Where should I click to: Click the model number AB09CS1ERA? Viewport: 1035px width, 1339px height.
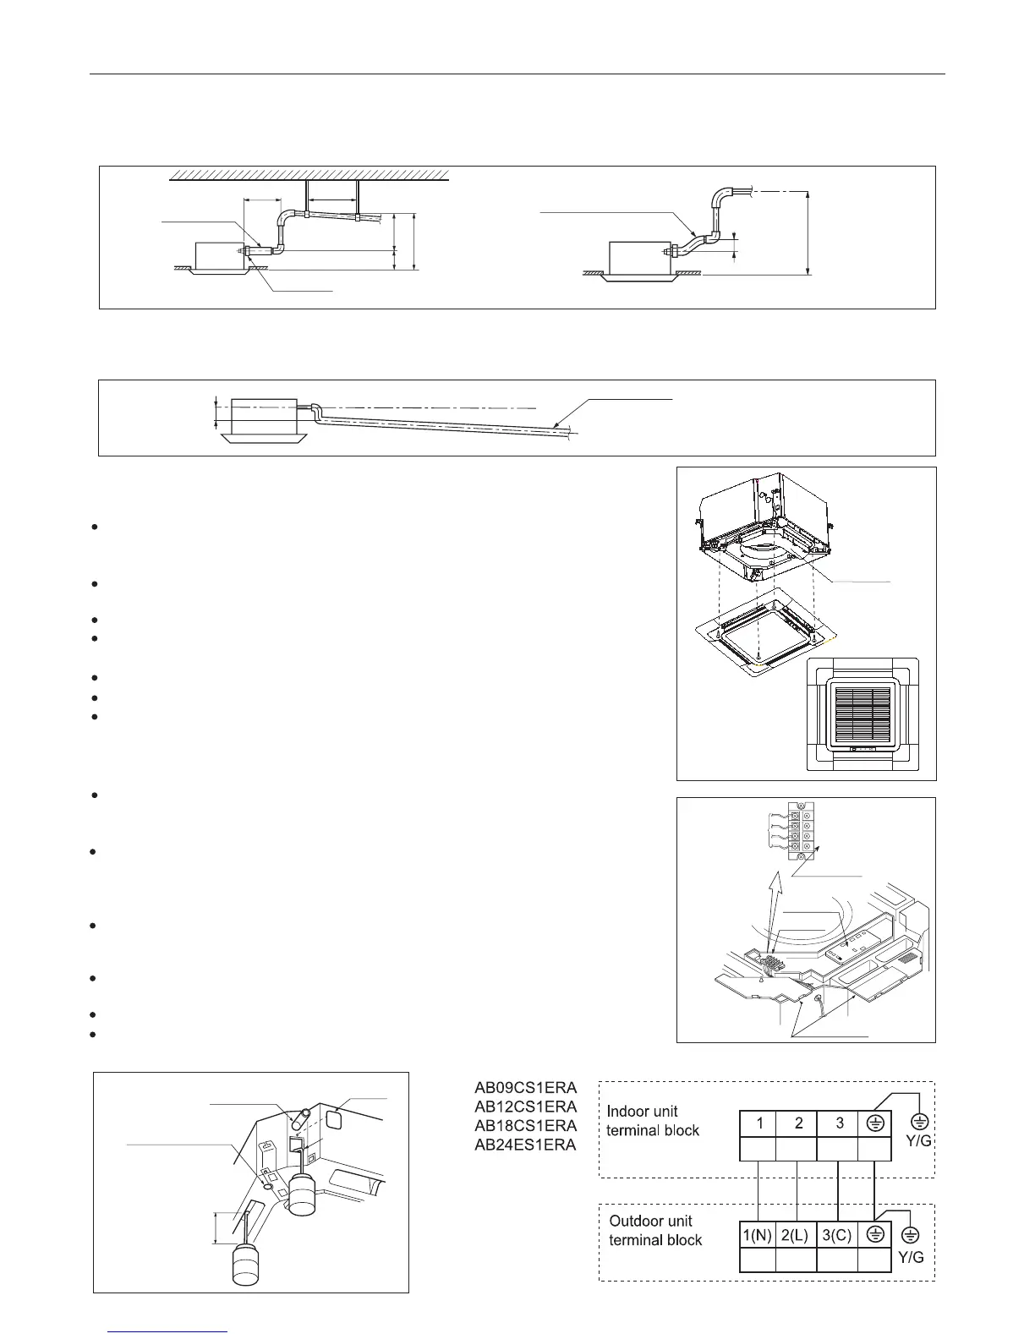click(x=524, y=1088)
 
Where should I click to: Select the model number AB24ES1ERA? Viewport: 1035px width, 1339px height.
click(x=524, y=1145)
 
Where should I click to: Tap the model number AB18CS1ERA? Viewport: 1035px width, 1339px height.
click(x=524, y=1126)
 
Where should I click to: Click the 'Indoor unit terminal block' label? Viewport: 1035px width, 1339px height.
click(x=653, y=1121)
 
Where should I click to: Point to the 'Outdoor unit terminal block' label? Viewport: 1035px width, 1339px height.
click(x=655, y=1230)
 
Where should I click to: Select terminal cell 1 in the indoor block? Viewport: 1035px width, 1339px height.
click(x=760, y=1123)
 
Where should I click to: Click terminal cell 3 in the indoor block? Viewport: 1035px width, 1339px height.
click(x=839, y=1123)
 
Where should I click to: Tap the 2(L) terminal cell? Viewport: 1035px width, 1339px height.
click(x=796, y=1235)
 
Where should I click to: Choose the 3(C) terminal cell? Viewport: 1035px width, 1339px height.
click(x=837, y=1235)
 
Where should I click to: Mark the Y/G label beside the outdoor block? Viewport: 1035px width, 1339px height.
click(x=911, y=1257)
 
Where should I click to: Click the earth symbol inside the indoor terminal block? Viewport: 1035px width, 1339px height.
click(x=875, y=1123)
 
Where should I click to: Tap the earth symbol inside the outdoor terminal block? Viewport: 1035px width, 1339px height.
click(x=875, y=1234)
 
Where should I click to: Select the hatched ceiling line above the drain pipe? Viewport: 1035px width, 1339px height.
click(x=309, y=175)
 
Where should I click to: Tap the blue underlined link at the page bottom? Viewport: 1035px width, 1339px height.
click(x=169, y=1331)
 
